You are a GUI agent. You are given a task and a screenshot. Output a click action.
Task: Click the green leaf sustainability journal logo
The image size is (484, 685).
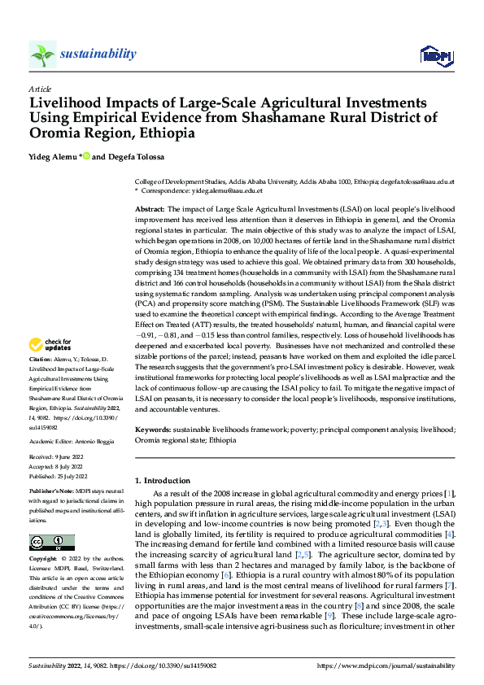(x=43, y=55)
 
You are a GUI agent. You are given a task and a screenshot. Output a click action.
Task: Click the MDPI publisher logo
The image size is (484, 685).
(x=430, y=56)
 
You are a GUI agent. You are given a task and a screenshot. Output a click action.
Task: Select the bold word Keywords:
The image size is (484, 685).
(x=152, y=429)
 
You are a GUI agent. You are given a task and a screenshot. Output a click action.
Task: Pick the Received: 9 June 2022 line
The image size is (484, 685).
(x=59, y=457)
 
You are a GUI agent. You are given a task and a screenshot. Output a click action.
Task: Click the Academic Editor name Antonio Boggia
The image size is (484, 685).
(x=95, y=441)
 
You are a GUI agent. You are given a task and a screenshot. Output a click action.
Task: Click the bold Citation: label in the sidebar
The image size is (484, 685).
(x=41, y=381)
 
